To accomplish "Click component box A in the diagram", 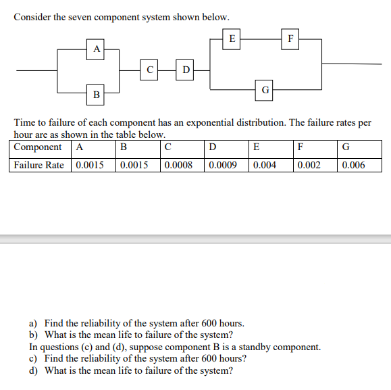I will click(97, 49).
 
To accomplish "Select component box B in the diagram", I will click(97, 95).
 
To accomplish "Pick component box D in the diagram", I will click(186, 68).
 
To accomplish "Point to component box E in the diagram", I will click(232, 39).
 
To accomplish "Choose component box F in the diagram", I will click(290, 39).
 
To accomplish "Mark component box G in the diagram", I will click(265, 89).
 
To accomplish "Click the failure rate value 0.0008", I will click(178, 165).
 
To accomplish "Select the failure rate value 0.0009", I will click(222, 165).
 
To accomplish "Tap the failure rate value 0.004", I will click(263, 165).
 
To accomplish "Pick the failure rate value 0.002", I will click(308, 165).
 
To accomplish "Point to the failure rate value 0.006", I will click(353, 165).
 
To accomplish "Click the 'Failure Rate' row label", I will click(39, 165).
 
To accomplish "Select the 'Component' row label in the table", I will click(38, 147).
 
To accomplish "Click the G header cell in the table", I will click(346, 147).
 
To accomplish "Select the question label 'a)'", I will click(33, 324).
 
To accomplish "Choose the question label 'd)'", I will click(33, 370).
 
